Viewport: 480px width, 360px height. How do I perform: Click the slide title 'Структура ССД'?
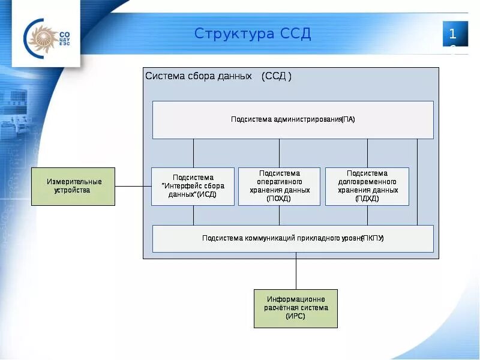point(253,34)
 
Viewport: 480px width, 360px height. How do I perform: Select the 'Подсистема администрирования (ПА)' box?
point(293,119)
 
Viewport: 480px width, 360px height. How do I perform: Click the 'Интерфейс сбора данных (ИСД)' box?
point(193,186)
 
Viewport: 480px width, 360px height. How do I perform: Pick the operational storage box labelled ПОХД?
point(279,186)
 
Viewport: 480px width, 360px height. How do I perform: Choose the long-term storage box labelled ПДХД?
point(367,186)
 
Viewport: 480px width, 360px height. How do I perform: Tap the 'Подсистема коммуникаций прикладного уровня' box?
point(293,238)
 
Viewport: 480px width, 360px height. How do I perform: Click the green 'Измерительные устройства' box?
point(73,186)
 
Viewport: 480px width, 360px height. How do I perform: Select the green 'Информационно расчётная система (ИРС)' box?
point(295,308)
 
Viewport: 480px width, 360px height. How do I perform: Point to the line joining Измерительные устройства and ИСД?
point(133,186)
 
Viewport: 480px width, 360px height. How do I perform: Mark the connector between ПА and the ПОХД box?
point(279,153)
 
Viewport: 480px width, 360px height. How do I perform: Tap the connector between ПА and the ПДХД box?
point(367,153)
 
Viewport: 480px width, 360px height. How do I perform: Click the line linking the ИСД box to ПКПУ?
point(193,215)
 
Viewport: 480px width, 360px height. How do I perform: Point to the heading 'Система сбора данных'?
point(199,76)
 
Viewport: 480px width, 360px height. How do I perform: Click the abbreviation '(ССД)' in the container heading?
point(277,76)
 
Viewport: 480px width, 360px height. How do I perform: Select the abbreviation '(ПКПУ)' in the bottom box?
point(373,238)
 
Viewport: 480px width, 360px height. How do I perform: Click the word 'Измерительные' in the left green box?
point(74,182)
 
